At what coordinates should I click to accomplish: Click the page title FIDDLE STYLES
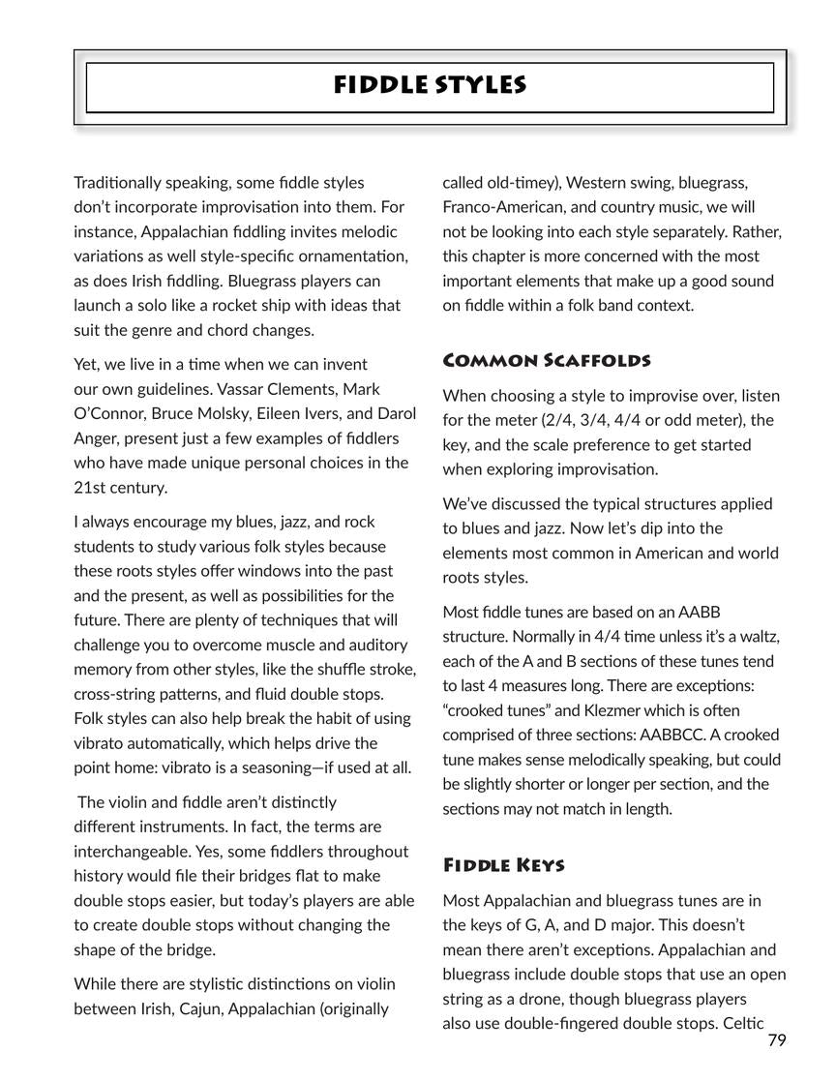coord(430,85)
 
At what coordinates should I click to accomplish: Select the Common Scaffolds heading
coord(546,361)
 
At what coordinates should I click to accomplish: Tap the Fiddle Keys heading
coord(503,864)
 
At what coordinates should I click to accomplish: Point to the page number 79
coord(777,1040)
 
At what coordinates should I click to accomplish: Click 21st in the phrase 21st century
coord(93,487)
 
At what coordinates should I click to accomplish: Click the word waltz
coord(759,636)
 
